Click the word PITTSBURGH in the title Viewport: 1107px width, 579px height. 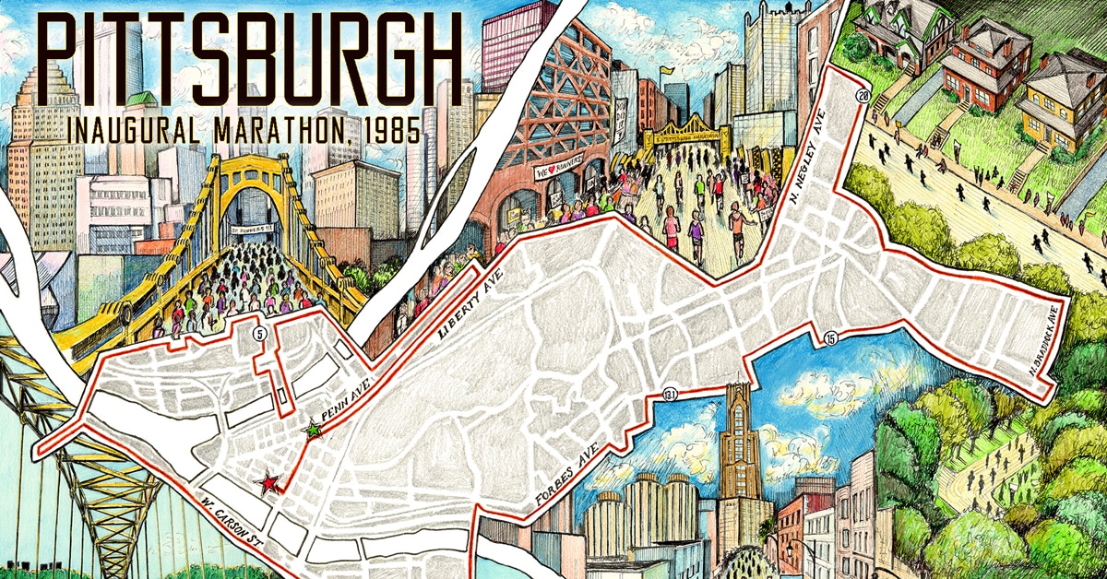pyautogui.click(x=249, y=57)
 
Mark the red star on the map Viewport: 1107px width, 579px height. pyautogui.click(x=268, y=482)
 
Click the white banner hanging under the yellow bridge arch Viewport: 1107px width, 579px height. pyautogui.click(x=254, y=224)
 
